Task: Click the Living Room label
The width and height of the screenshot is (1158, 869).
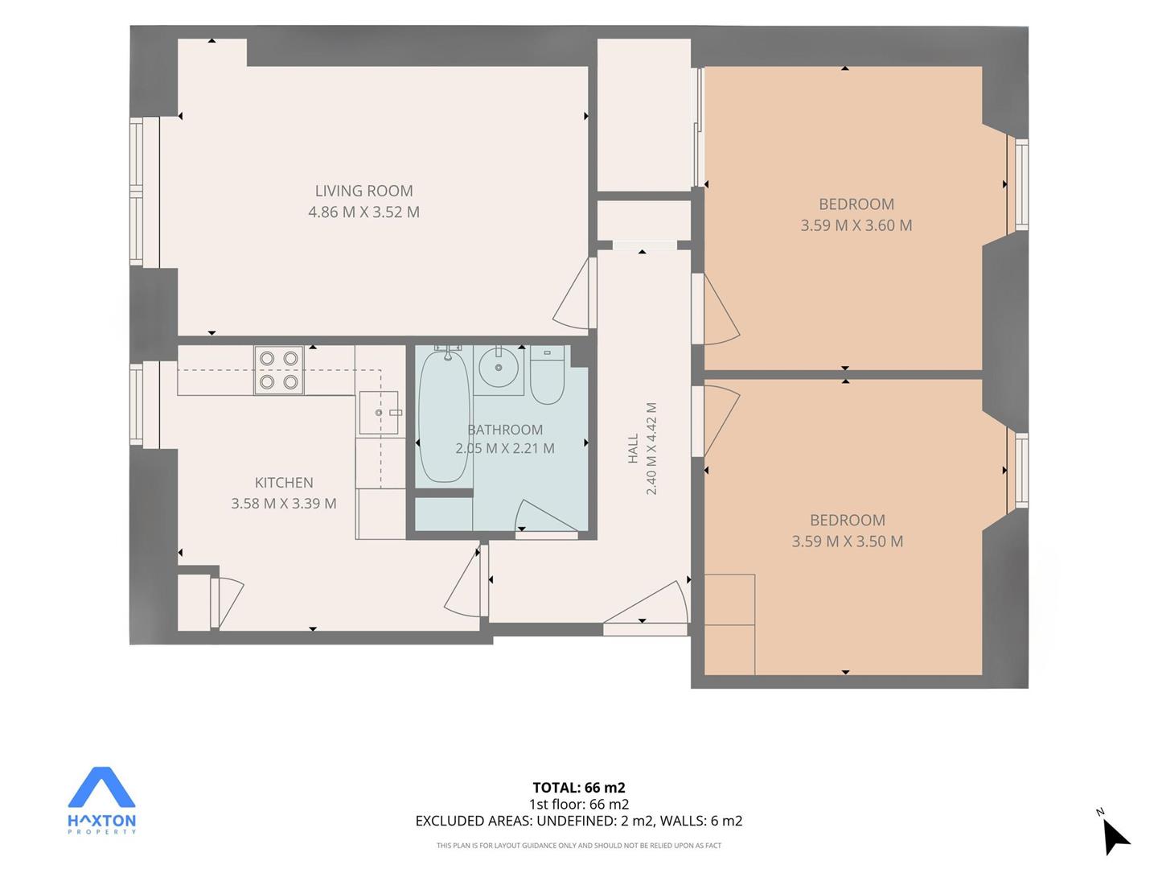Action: [x=363, y=191]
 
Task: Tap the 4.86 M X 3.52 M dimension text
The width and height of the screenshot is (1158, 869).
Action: [x=363, y=212]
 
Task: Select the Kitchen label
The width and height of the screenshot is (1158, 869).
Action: [x=284, y=482]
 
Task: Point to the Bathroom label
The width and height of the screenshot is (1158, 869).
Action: [x=505, y=430]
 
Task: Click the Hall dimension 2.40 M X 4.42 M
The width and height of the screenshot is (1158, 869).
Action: [x=651, y=448]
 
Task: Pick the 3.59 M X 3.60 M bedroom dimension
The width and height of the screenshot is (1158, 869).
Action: [x=856, y=225]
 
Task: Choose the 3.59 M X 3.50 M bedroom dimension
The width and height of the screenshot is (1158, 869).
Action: [x=848, y=542]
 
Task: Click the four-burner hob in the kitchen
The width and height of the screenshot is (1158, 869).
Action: [x=278, y=370]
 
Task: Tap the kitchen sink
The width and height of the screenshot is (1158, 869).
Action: [x=378, y=412]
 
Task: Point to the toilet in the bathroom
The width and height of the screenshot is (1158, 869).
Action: [x=547, y=375]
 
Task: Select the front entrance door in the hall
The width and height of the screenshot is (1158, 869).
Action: [x=648, y=603]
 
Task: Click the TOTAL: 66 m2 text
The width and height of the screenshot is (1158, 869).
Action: [x=579, y=788]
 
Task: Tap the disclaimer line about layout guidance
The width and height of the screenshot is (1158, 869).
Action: [x=579, y=845]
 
